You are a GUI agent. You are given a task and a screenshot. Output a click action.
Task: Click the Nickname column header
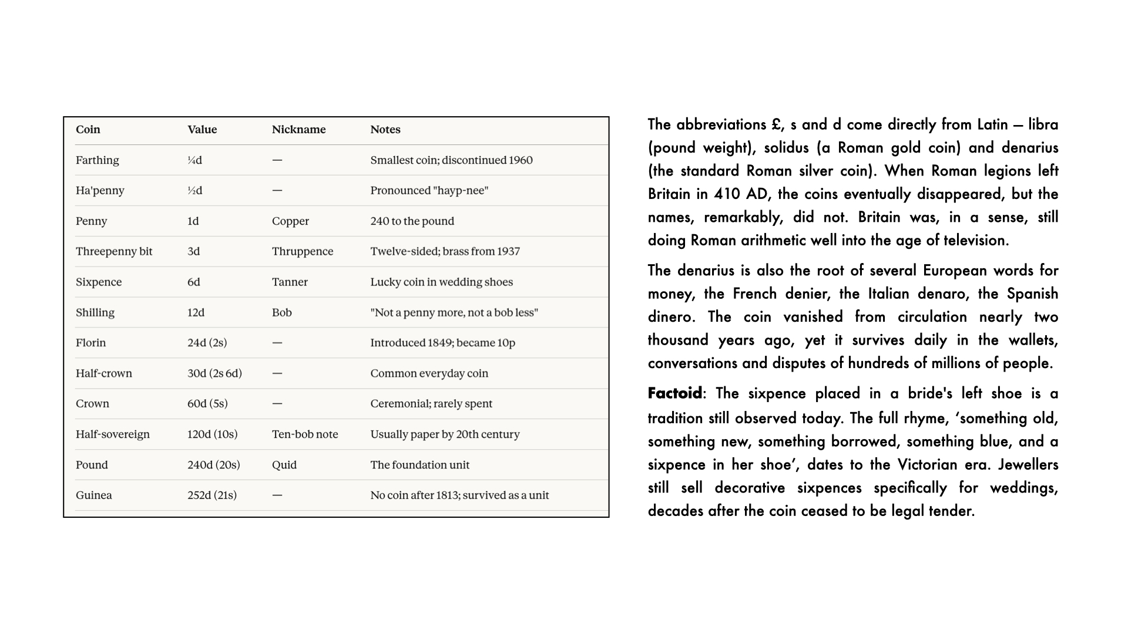(298, 130)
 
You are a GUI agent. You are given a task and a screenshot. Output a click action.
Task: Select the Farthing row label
(97, 160)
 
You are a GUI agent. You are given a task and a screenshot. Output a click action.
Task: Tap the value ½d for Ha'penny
(194, 191)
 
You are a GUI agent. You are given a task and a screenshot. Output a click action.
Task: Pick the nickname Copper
(290, 221)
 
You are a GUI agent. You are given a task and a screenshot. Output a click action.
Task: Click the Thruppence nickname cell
(302, 251)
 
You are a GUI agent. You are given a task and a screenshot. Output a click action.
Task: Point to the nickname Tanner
(290, 282)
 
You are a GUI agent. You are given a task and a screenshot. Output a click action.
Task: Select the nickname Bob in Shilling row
(281, 312)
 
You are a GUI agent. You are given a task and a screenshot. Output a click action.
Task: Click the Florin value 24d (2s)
(207, 343)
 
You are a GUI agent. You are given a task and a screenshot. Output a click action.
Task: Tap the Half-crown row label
(103, 373)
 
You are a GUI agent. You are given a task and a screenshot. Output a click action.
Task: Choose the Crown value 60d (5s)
(207, 404)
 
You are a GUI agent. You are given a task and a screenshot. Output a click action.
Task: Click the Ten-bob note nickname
(305, 434)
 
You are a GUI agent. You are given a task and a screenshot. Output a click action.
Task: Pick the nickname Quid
(284, 465)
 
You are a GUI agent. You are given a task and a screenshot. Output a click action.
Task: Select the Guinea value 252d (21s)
(211, 495)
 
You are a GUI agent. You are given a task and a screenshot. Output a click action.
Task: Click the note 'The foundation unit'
(419, 465)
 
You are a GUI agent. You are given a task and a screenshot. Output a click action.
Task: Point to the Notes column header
(385, 130)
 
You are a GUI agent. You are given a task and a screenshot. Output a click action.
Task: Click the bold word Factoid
(674, 393)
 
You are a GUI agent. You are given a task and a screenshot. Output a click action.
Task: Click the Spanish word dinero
(669, 317)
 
